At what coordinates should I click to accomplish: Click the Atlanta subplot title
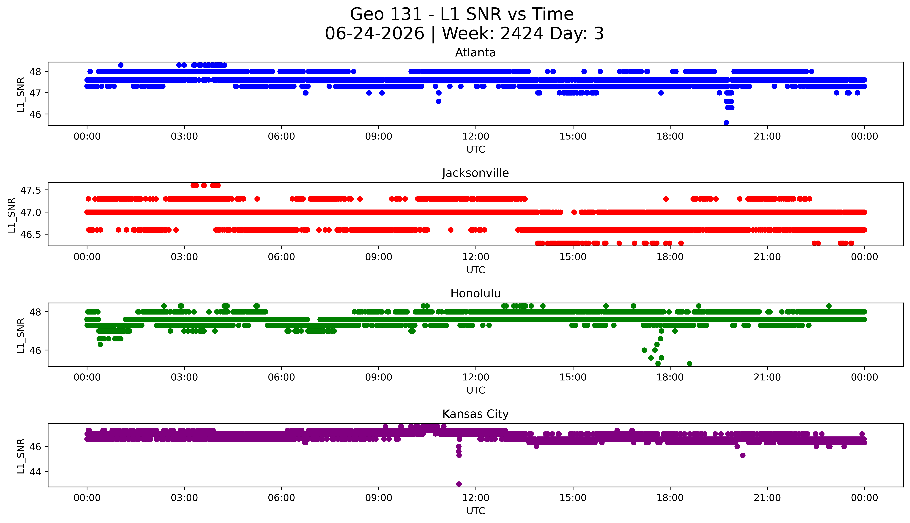tap(476, 53)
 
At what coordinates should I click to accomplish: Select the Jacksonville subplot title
tap(476, 173)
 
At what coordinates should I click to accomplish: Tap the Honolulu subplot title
tap(476, 293)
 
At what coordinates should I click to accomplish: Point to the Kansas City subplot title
tap(476, 414)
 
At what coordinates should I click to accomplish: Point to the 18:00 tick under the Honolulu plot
tap(670, 377)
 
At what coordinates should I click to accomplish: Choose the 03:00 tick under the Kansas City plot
tap(184, 498)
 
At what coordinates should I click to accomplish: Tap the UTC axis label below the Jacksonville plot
tap(476, 270)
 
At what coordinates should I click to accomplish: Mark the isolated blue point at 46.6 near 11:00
tap(438, 101)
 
